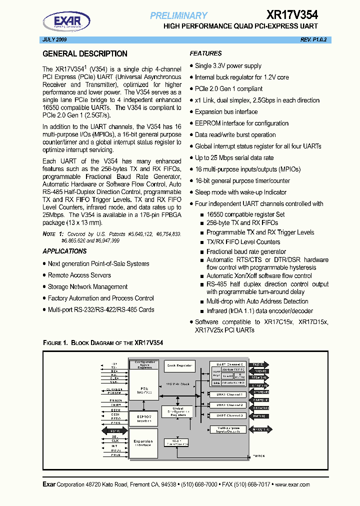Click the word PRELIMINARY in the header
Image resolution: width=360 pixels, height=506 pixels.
pos(178,15)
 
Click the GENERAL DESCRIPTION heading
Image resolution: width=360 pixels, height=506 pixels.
pos(85,54)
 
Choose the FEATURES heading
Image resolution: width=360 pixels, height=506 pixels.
pos(206,53)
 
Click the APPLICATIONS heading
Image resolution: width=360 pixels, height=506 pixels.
pos(65,251)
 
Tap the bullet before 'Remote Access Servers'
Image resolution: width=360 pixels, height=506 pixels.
pos(44,275)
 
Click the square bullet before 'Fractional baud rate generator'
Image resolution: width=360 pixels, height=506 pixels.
pos(203,251)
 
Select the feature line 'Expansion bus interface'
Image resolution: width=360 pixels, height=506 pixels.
pos(226,112)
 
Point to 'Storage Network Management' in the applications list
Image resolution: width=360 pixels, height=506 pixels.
pos(87,287)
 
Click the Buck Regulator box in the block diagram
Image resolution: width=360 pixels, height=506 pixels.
pos(179,365)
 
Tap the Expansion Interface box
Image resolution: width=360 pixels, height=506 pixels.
pos(143,442)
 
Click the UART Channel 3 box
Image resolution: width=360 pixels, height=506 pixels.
pos(226,415)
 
